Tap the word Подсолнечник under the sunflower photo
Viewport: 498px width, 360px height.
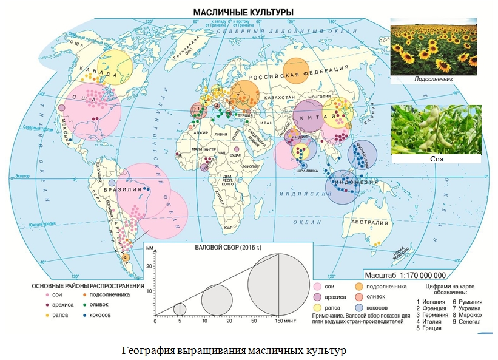[435, 79]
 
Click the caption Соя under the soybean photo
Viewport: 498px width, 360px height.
[437, 158]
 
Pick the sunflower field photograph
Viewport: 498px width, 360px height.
[435, 46]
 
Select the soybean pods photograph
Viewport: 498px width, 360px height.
[437, 129]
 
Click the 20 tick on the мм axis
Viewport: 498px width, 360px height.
[151, 266]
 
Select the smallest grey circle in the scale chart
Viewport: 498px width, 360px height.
[180, 308]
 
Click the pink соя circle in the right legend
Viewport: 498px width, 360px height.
[318, 286]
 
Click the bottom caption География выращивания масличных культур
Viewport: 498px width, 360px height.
[233, 351]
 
